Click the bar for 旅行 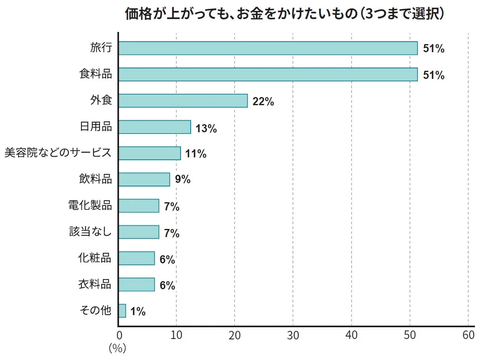268,48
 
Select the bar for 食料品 268,74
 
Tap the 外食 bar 183,101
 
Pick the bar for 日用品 155,127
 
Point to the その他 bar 122,311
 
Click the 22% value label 263,102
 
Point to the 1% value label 138,311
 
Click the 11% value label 196,154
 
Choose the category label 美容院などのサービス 57,153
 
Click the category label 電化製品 90,205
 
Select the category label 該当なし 90,232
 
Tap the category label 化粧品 95,258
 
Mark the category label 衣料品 95,284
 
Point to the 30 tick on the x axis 293,335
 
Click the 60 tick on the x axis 468,335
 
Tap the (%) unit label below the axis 117,348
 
